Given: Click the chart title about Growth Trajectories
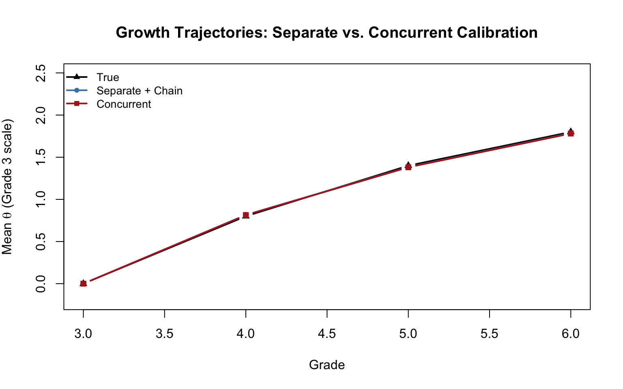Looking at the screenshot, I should pyautogui.click(x=327, y=32).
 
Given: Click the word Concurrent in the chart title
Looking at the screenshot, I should pyautogui.click(x=408, y=32).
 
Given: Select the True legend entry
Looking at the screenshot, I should pyautogui.click(x=108, y=77).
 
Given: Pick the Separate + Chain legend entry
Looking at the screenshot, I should pyautogui.click(x=140, y=91).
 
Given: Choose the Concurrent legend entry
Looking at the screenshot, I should pyautogui.click(x=124, y=104).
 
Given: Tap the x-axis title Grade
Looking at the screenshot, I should pyautogui.click(x=327, y=365).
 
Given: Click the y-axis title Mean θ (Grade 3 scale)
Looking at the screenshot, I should pyautogui.click(x=7, y=186).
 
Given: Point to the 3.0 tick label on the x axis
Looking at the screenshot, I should pyautogui.click(x=83, y=334).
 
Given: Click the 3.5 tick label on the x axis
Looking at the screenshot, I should pyautogui.click(x=164, y=334).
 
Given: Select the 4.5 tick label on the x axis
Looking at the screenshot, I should pyautogui.click(x=327, y=334).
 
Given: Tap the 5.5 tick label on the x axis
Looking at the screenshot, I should pyautogui.click(x=489, y=334).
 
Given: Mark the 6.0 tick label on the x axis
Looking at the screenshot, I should pyautogui.click(x=571, y=334).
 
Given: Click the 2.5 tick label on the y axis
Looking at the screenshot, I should pyautogui.click(x=41, y=73).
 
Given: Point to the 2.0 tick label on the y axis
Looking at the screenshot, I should pyautogui.click(x=41, y=115).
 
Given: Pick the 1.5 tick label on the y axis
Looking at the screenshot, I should pyautogui.click(x=41, y=157).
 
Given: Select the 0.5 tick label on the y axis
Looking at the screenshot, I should pyautogui.click(x=41, y=242).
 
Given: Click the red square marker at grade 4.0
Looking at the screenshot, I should pyautogui.click(x=246, y=215).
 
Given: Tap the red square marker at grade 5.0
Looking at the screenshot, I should pyautogui.click(x=408, y=167).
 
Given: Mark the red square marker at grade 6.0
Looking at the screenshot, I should pyautogui.click(x=571, y=133).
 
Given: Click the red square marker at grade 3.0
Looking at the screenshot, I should pyautogui.click(x=83, y=284).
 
